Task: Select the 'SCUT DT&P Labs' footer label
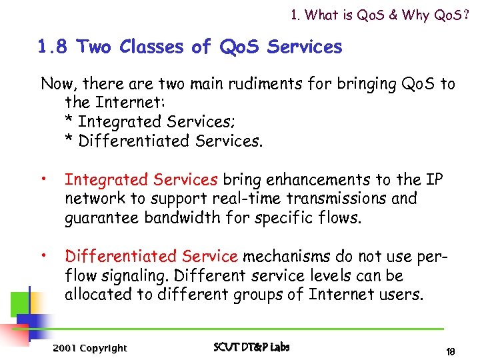[251, 347]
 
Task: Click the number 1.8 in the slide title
[53, 47]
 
